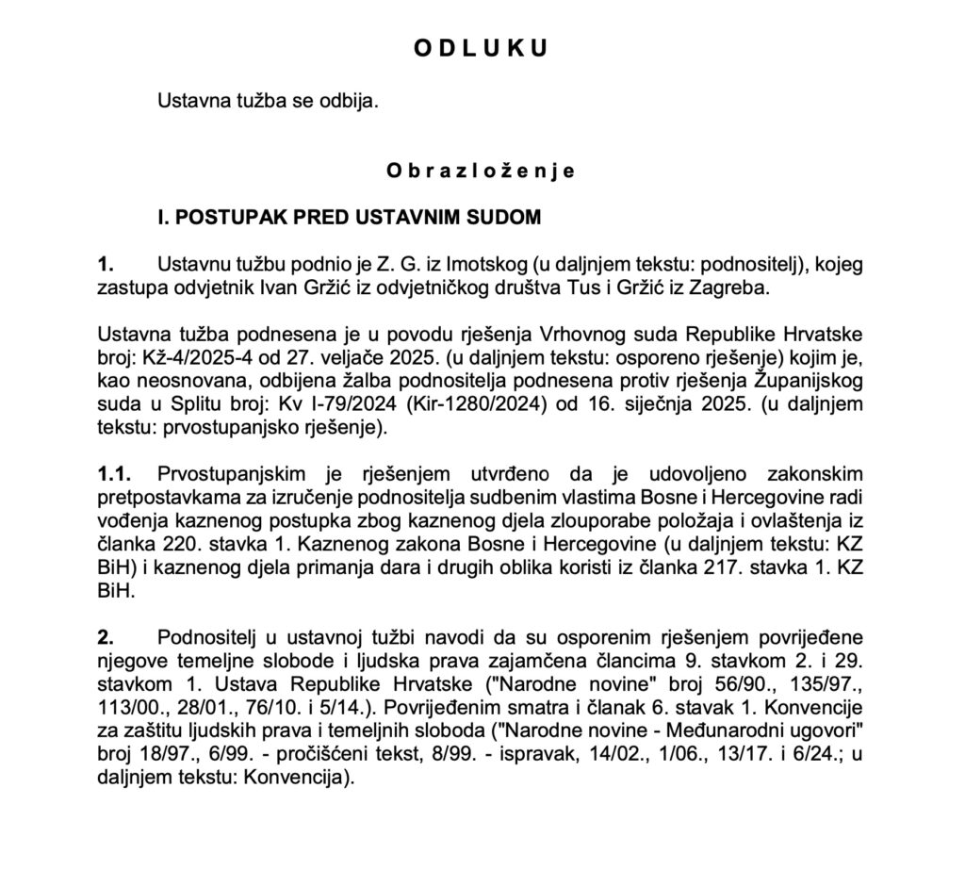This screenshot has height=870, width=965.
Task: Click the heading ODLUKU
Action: [481, 50]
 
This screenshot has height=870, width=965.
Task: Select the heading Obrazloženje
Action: [481, 172]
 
